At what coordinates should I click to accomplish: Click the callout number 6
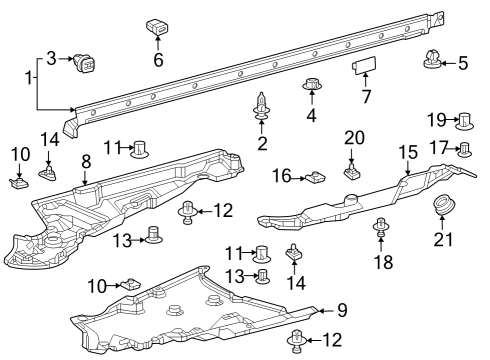coord(158,60)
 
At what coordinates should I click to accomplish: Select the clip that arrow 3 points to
coord(84,62)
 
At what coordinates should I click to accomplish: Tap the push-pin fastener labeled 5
coord(432,60)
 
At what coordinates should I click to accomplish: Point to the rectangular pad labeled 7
coord(364,64)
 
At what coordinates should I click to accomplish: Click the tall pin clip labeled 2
coord(261,106)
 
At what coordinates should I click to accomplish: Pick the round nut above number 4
coord(312,84)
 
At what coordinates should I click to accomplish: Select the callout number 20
coord(354,138)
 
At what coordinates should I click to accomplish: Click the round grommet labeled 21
coord(444,205)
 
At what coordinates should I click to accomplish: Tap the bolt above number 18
coord(381,228)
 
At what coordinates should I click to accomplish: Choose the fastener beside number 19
coord(465,121)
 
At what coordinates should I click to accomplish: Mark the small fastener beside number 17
coord(464,149)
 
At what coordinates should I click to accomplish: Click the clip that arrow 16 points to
coord(315,177)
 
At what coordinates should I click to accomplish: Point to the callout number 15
coord(408,153)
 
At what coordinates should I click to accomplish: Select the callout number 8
coord(86,162)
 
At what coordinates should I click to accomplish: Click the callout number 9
coord(342,311)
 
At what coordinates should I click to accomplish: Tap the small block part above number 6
coord(157,27)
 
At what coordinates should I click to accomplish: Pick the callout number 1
coord(29,78)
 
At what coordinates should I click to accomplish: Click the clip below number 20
coord(352,171)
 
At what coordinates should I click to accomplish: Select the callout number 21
coord(444,240)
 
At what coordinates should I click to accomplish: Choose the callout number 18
coord(384,262)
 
